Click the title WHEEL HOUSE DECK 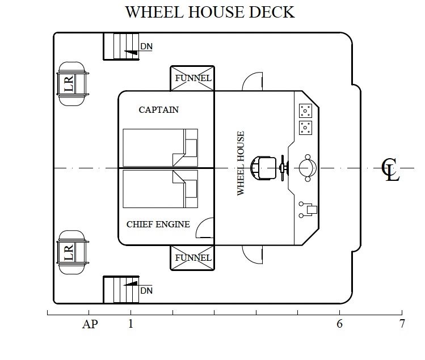pos(210,12)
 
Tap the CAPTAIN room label pos(158,110)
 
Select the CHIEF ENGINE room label pos(158,225)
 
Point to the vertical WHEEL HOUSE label pos(241,163)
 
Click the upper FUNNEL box pos(192,78)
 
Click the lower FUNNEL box pos(192,257)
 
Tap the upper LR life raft pos(73,84)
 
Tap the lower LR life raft pos(73,252)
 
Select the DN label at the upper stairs pos(146,46)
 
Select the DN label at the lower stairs pos(146,291)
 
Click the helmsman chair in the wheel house pos(263,168)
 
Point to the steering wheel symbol pos(284,168)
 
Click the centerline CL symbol pos(390,170)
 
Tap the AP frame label pos(90,324)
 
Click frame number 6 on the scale pos(340,324)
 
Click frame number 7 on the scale pos(402,324)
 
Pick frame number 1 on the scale pos(131,324)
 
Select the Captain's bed pos(161,147)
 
